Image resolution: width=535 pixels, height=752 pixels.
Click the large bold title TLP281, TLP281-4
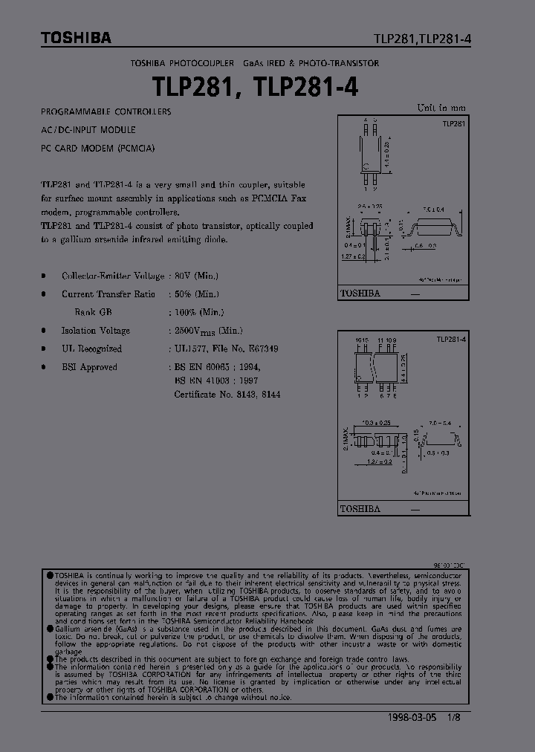[256, 87]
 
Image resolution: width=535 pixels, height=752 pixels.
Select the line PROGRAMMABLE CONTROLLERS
[106, 111]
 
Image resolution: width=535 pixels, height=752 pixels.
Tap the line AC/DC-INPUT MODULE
[88, 129]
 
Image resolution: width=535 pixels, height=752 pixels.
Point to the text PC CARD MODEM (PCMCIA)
[98, 148]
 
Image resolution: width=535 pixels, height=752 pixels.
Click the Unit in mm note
[441, 108]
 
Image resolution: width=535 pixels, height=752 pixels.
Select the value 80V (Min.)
[196, 276]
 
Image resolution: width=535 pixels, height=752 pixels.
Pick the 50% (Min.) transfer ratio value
[196, 294]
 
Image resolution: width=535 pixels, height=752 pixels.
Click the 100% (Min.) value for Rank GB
[199, 313]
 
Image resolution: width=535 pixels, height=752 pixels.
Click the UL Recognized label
[91, 349]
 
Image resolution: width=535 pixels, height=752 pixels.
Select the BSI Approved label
[89, 367]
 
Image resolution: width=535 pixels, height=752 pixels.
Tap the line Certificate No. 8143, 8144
[227, 395]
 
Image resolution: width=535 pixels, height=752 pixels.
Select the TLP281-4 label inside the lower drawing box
[451, 339]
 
